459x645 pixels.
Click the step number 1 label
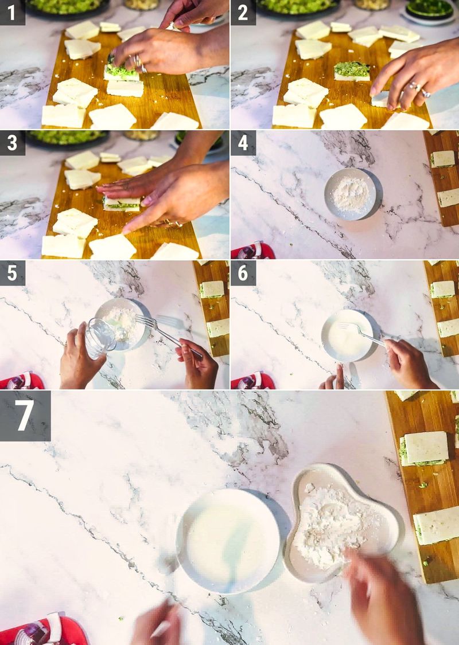(x=12, y=12)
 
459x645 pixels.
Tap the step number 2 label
(x=243, y=12)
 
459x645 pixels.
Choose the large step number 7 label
(x=25, y=416)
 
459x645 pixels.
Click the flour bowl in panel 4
(x=350, y=194)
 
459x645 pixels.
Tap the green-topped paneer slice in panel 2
(x=352, y=71)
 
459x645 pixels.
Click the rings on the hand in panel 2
(x=418, y=89)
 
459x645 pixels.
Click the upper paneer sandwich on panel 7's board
(x=425, y=448)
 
